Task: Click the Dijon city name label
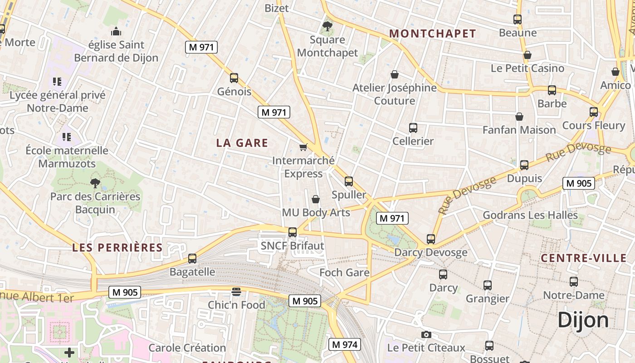point(583,320)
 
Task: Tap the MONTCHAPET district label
point(432,34)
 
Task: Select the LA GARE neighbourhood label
point(242,143)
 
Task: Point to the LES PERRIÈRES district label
point(117,247)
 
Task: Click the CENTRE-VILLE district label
point(583,258)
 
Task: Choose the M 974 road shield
point(344,344)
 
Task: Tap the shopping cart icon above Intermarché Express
point(303,147)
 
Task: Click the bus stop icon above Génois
point(234,78)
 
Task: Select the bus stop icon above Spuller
point(349,181)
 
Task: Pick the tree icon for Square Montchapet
point(327,26)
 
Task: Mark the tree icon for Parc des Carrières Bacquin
point(95,183)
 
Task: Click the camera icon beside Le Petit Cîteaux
point(426,334)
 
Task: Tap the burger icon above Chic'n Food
point(236,291)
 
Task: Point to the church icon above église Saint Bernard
point(116,31)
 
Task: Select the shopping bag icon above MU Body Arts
point(316,199)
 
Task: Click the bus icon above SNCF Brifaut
point(293,232)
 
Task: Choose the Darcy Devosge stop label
point(430,252)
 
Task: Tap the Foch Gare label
point(344,272)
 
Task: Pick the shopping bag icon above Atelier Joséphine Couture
point(395,74)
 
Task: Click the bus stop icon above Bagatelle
point(192,259)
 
